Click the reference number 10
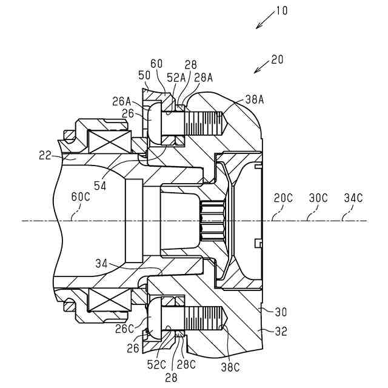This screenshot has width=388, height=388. click(x=281, y=11)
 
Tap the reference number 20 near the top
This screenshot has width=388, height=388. click(x=277, y=59)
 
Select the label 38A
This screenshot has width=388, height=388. click(x=255, y=99)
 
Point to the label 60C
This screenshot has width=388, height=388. click(x=81, y=196)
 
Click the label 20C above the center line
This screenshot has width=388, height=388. click(x=283, y=198)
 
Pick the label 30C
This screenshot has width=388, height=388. click(x=318, y=198)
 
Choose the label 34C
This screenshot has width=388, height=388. click(x=353, y=198)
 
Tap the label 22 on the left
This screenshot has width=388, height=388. click(x=45, y=155)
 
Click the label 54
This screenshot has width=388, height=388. click(x=100, y=186)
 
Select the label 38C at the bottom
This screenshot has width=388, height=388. click(x=230, y=367)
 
